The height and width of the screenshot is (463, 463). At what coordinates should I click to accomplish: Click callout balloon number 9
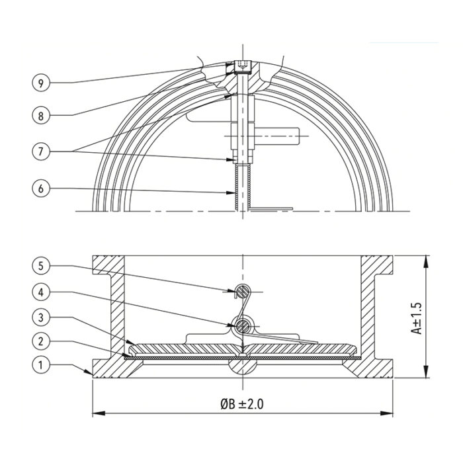click(x=41, y=83)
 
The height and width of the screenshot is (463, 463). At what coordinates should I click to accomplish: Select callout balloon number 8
click(x=41, y=116)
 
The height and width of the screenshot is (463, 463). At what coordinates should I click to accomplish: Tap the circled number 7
click(x=41, y=151)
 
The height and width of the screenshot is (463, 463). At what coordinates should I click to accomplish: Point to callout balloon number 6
click(x=41, y=189)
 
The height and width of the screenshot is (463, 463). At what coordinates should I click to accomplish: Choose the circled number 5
click(x=41, y=266)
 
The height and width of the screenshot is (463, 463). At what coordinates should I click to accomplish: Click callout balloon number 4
click(x=41, y=292)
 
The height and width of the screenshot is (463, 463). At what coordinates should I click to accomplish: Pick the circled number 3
click(x=41, y=317)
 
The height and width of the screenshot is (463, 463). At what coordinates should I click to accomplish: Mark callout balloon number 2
click(x=41, y=341)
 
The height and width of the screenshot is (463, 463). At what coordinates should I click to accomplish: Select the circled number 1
click(x=41, y=365)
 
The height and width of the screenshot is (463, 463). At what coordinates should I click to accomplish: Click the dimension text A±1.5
click(x=417, y=318)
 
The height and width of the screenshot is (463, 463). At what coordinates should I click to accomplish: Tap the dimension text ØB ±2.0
click(x=242, y=404)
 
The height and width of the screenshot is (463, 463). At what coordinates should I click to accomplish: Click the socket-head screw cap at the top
click(x=243, y=67)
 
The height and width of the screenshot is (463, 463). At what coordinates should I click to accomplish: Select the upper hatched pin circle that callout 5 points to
click(x=243, y=292)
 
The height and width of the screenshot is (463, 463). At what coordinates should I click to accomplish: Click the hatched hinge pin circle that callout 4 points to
click(x=242, y=326)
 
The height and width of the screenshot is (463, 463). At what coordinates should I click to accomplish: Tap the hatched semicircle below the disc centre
click(x=242, y=366)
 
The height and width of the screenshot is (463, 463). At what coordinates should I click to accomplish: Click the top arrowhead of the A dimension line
click(x=425, y=262)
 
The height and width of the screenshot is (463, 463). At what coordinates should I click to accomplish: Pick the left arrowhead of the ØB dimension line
click(x=99, y=413)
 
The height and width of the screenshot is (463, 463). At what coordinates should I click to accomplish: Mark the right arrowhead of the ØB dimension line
click(x=386, y=413)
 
